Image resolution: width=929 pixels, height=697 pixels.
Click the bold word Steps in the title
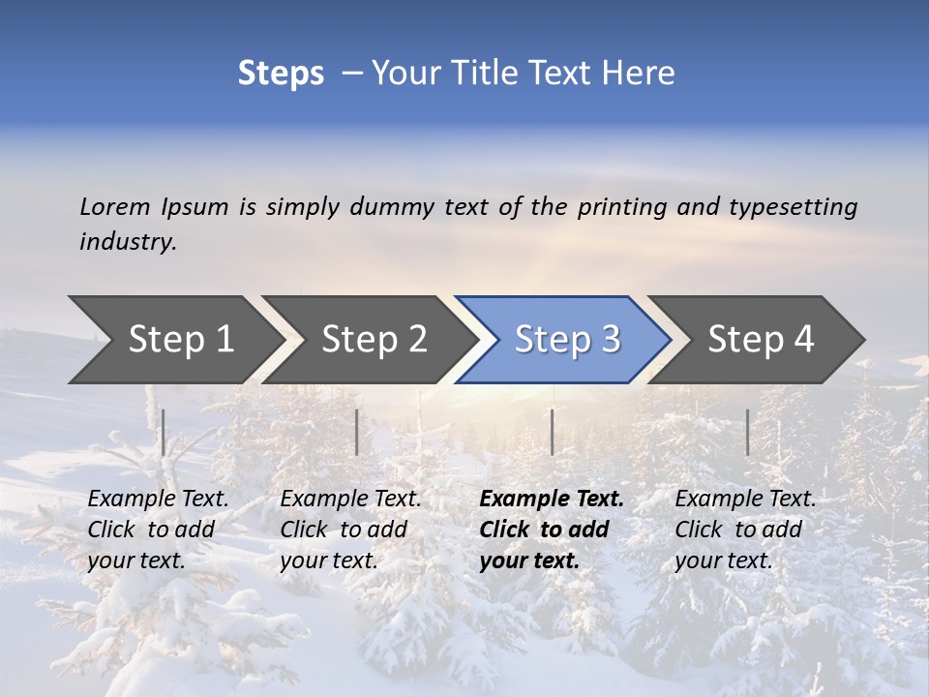pyautogui.click(x=281, y=74)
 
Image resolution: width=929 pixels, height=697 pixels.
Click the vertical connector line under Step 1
pyautogui.click(x=164, y=432)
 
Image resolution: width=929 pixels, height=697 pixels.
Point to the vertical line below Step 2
pyautogui.click(x=357, y=432)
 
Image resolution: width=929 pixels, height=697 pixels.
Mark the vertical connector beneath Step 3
pyautogui.click(x=552, y=432)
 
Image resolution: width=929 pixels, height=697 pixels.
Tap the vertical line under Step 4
pyautogui.click(x=747, y=432)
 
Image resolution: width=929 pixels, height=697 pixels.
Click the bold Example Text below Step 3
pyautogui.click(x=552, y=530)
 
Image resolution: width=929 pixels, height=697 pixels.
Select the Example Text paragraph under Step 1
pyautogui.click(x=158, y=530)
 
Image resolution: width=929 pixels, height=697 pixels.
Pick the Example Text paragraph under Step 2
pyautogui.click(x=350, y=530)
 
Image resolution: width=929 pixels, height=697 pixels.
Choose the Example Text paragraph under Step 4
pyautogui.click(x=745, y=530)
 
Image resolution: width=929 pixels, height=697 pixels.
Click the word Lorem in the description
pyautogui.click(x=115, y=206)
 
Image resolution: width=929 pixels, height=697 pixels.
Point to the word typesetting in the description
pyautogui.click(x=793, y=206)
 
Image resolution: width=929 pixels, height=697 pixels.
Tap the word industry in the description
pyautogui.click(x=128, y=242)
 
